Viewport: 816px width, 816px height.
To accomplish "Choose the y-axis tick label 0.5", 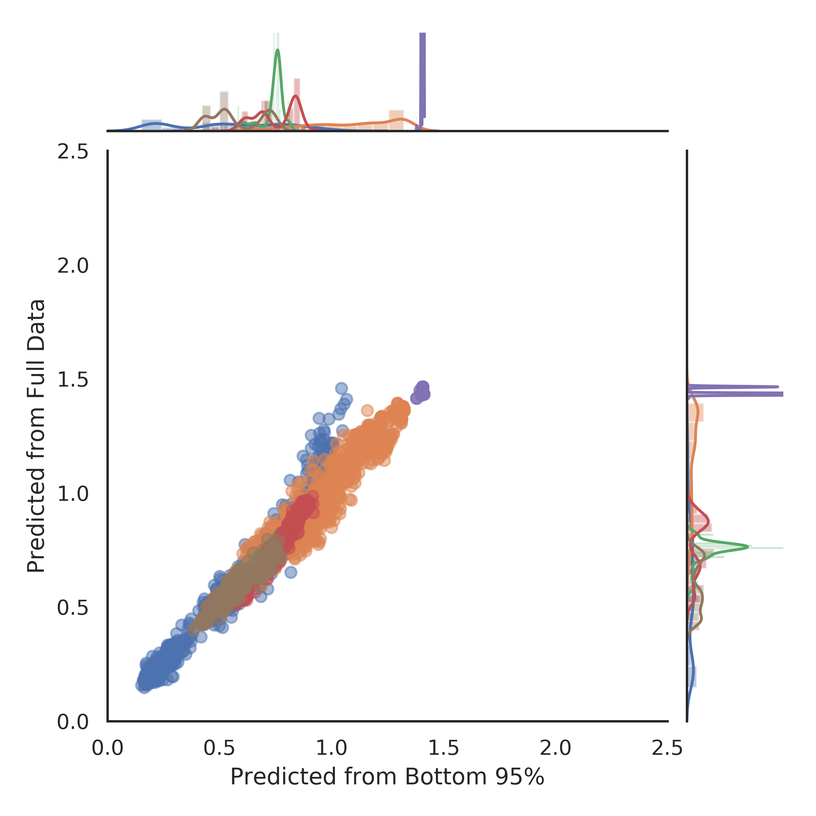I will click(73, 608).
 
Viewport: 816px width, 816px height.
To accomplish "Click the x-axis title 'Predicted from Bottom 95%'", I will click(387, 776).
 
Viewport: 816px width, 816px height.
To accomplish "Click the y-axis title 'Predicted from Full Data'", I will click(36, 436).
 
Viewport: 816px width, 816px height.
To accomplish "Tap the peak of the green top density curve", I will click(277, 50).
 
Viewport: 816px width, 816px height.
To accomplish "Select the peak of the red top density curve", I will click(296, 96).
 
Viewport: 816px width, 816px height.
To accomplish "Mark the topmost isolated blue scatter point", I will click(341, 388).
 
